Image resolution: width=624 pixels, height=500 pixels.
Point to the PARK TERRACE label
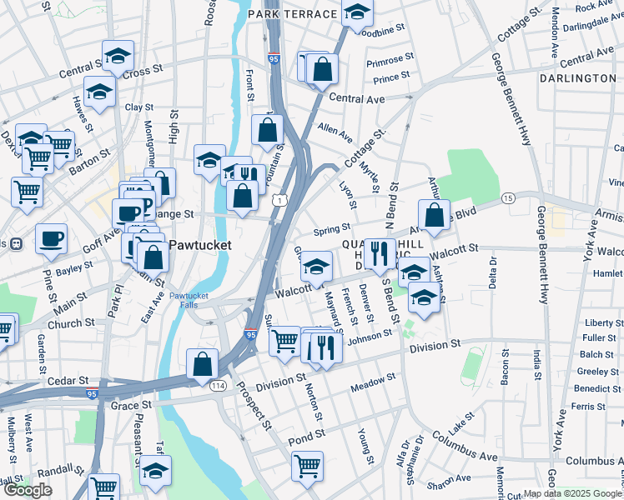pos(292,14)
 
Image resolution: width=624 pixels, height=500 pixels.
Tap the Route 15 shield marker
pos(508,197)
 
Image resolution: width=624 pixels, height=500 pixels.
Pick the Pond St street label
pos(307,436)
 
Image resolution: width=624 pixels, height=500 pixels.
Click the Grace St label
pos(130,405)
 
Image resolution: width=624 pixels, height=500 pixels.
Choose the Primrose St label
pos(385,61)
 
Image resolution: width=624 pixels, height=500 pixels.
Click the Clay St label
pos(139,107)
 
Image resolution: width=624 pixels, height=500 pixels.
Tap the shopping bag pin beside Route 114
pos(202,363)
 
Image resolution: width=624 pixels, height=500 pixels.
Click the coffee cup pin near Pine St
pos(51,237)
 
